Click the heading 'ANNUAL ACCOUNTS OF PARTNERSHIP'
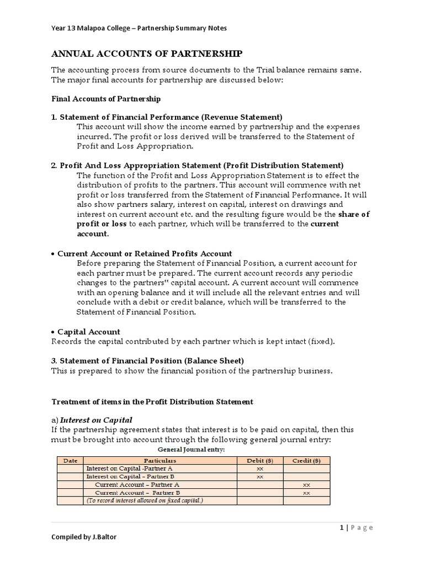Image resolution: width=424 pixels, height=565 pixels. pos(146,54)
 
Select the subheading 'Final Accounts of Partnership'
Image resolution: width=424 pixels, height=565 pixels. pos(106,99)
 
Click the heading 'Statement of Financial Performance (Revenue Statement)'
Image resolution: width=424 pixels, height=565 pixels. pos(171,117)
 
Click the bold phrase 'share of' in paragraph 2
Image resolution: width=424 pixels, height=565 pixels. pos(354,214)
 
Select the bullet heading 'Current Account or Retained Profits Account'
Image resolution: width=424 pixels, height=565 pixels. pos(145,254)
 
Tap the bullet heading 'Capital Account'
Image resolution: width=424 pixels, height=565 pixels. pos(89,332)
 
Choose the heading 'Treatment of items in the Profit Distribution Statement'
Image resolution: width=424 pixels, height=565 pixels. pos(152,402)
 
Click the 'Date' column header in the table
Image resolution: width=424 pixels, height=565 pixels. pos(70,460)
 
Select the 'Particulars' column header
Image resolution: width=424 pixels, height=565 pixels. pos(160,460)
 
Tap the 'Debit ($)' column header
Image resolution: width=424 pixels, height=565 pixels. pos(260,460)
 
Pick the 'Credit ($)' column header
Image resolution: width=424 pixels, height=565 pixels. pos(306,460)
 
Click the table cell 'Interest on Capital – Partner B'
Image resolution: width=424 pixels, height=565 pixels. pos(130,476)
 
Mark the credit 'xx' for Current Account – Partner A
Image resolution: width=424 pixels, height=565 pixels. pos(306,484)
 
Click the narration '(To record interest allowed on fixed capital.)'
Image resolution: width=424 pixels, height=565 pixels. pos(145,500)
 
